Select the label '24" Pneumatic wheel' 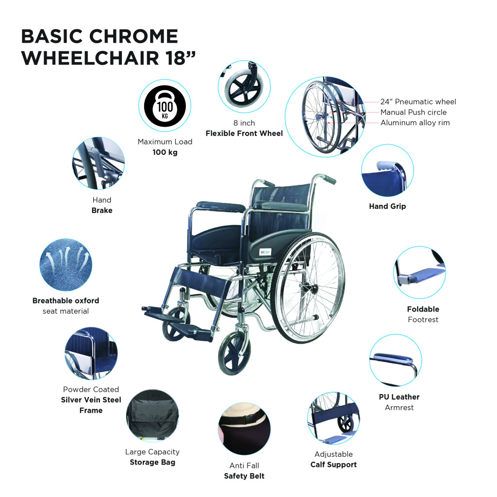tap(418, 102)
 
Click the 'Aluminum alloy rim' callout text tap(415, 123)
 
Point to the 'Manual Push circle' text tap(414, 112)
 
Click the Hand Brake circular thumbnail tap(99, 163)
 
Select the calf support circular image tap(333, 418)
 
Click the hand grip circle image tap(387, 172)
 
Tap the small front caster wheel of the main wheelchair tap(234, 352)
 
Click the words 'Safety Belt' tap(244, 476)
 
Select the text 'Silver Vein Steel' tap(91, 400)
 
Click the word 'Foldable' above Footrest tap(423, 309)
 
